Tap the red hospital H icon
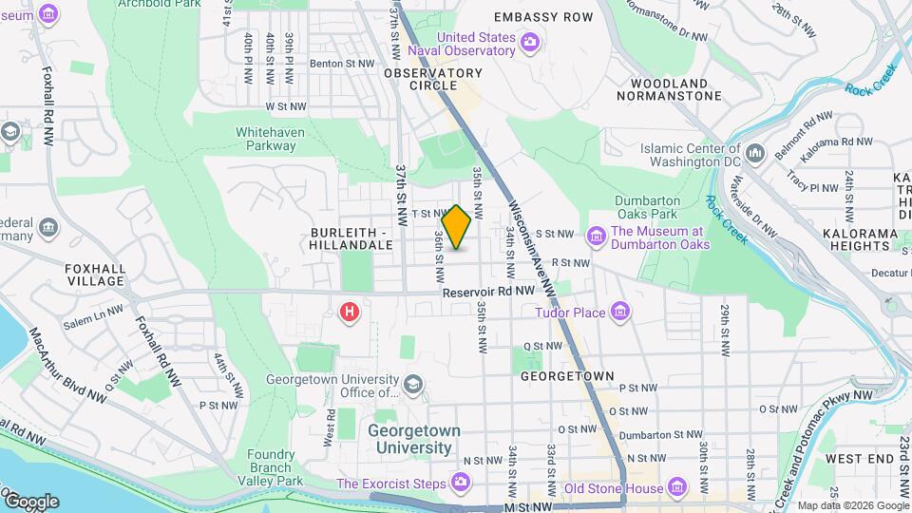pos(350,311)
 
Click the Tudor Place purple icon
pos(620,312)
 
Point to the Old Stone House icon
pos(676,488)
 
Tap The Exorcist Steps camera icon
pos(461,484)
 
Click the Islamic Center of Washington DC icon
pos(755,152)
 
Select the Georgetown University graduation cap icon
pos(412,384)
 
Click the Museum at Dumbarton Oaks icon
pos(597,236)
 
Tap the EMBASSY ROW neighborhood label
pos(543,17)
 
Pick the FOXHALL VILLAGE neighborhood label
pos(95,275)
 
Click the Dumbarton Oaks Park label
pos(646,208)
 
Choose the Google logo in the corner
pos(31,501)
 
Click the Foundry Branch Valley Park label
pos(276,467)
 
